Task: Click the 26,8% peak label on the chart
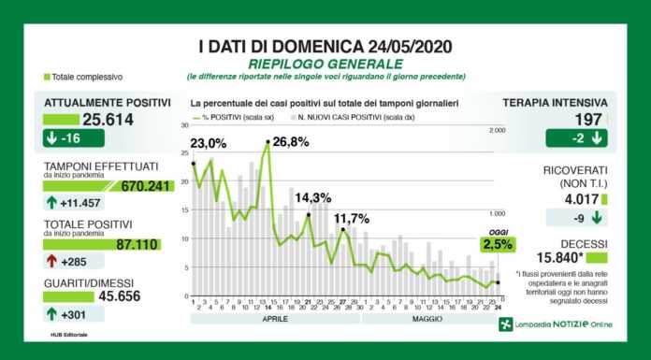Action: (x=287, y=143)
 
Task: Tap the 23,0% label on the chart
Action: (x=207, y=143)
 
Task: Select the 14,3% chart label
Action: (x=313, y=197)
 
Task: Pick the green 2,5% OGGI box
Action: (x=498, y=245)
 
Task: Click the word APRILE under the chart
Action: (x=274, y=318)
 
